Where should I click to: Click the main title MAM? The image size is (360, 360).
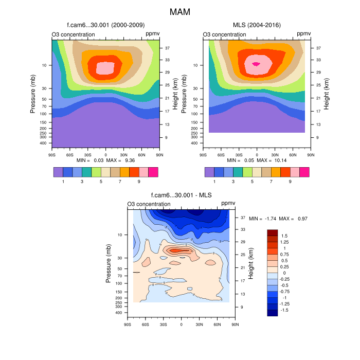coord(180,11)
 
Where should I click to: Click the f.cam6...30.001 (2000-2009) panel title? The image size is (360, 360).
coord(105,25)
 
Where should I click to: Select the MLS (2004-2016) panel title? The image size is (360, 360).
coord(257,25)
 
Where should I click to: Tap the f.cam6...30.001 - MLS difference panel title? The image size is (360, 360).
coord(181,195)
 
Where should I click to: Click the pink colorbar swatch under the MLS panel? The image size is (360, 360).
coord(295,172)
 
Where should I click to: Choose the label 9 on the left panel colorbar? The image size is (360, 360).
coord(139,181)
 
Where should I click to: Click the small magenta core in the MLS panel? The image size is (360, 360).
coord(256,64)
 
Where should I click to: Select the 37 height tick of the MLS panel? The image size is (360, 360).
coord(319,48)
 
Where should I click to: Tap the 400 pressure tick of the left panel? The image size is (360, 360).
coord(43,143)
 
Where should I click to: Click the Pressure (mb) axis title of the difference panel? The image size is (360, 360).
coord(109,263)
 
